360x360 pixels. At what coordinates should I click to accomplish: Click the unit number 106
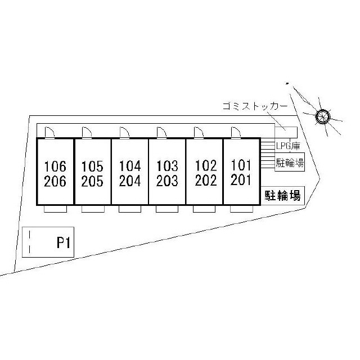[x=55, y=166]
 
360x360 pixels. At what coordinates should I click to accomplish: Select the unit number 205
[x=92, y=181]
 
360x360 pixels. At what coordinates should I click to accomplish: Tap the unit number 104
[x=130, y=166]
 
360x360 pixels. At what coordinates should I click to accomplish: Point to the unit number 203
[x=167, y=181]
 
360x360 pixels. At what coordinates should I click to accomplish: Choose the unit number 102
[x=205, y=166]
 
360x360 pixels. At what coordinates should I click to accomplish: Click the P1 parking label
[x=62, y=243]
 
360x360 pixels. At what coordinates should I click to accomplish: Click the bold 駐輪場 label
[x=283, y=196]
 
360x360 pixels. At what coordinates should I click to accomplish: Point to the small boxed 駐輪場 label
[x=290, y=164]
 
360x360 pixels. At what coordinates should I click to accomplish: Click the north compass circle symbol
[x=322, y=116]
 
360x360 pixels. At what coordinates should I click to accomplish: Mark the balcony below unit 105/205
[x=92, y=209]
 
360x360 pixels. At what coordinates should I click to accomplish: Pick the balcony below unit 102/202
[x=204, y=209]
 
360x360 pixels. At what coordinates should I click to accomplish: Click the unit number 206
[x=55, y=181]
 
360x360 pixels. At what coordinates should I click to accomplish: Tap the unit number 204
[x=130, y=181]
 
